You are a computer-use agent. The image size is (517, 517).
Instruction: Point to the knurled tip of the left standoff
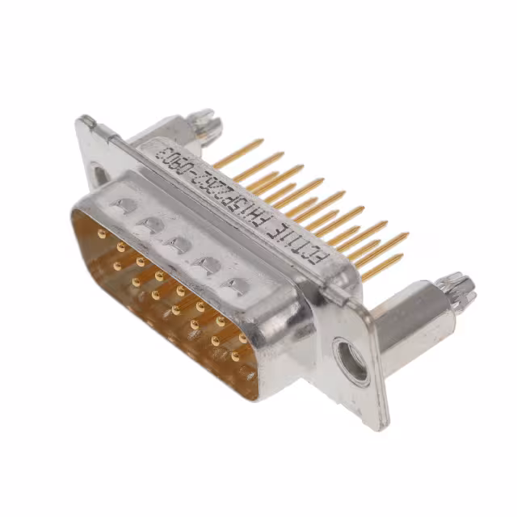point(205,123)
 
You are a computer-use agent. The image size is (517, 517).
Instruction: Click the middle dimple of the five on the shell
point(178,242)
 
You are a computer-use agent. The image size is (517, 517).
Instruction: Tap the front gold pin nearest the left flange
point(101,234)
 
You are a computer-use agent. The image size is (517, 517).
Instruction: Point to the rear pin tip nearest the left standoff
point(260,142)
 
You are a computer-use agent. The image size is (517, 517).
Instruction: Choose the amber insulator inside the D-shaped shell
point(162,299)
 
